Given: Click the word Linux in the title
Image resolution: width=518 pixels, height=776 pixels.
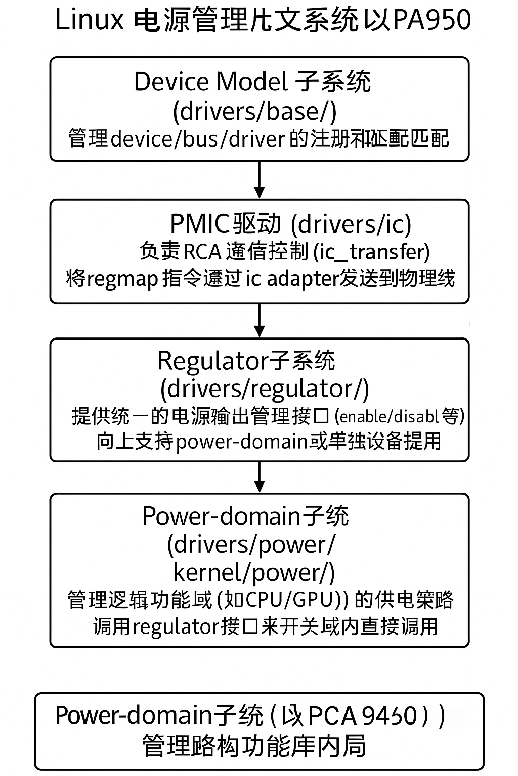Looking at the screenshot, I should pyautogui.click(x=89, y=20).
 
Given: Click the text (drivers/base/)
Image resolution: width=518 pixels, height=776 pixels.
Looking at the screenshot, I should pyautogui.click(x=254, y=111).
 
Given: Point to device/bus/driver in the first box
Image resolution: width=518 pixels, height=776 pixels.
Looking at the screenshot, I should pyautogui.click(x=198, y=138).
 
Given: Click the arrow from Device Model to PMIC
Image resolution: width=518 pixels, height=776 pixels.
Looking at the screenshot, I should pyautogui.click(x=259, y=179).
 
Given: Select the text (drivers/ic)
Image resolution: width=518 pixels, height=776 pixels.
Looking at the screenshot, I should pyautogui.click(x=352, y=224).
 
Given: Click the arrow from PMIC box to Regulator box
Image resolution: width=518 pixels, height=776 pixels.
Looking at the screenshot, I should pyautogui.click(x=259, y=320).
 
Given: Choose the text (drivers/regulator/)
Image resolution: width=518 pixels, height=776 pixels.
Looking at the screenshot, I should pyautogui.click(x=265, y=389).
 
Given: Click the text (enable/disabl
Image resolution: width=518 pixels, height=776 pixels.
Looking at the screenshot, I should pyautogui.click(x=387, y=416).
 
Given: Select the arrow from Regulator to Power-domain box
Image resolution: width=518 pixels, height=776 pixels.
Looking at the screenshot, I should pyautogui.click(x=259, y=476).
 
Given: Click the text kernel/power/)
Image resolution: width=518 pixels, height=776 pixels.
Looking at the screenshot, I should pyautogui.click(x=254, y=572).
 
